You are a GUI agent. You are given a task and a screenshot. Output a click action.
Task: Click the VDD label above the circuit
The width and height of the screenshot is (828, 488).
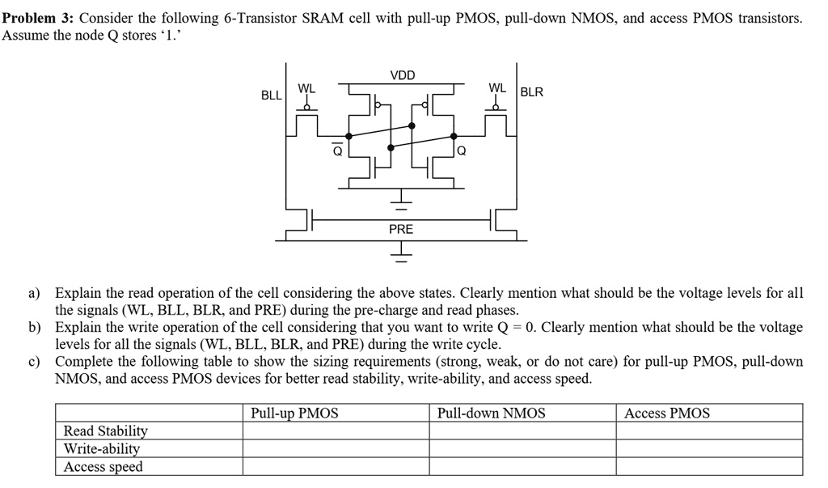(x=402, y=75)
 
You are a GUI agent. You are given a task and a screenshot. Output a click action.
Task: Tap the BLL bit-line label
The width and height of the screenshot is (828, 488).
(x=272, y=95)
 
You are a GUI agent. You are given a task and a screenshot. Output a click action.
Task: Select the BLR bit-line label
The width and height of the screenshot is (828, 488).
(x=532, y=92)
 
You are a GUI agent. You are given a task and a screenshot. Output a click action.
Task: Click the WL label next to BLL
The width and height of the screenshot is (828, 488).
(x=307, y=87)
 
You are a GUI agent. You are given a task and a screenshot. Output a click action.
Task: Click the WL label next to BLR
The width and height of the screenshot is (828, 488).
(x=497, y=87)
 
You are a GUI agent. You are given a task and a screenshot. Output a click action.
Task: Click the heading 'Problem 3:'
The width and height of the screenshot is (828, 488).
(x=37, y=18)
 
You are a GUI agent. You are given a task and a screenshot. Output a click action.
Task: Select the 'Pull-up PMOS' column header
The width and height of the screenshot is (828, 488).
(x=294, y=414)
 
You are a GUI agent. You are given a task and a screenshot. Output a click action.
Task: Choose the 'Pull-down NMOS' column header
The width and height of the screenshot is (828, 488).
(x=491, y=414)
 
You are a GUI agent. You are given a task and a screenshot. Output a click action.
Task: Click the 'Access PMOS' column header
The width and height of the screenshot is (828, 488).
(x=667, y=414)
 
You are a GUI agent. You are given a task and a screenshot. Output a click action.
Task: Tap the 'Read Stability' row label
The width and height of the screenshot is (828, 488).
(x=105, y=431)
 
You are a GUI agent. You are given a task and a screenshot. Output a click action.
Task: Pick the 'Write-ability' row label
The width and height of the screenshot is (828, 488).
(x=102, y=448)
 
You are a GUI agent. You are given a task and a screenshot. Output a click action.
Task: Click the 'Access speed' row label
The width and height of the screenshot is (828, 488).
(x=103, y=466)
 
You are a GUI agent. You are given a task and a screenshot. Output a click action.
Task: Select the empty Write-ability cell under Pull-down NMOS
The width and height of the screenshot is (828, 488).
(x=522, y=448)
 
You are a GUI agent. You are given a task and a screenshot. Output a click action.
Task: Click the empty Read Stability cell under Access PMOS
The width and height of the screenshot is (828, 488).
(x=709, y=431)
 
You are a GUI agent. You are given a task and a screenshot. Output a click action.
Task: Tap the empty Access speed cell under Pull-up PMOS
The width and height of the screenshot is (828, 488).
(x=336, y=466)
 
